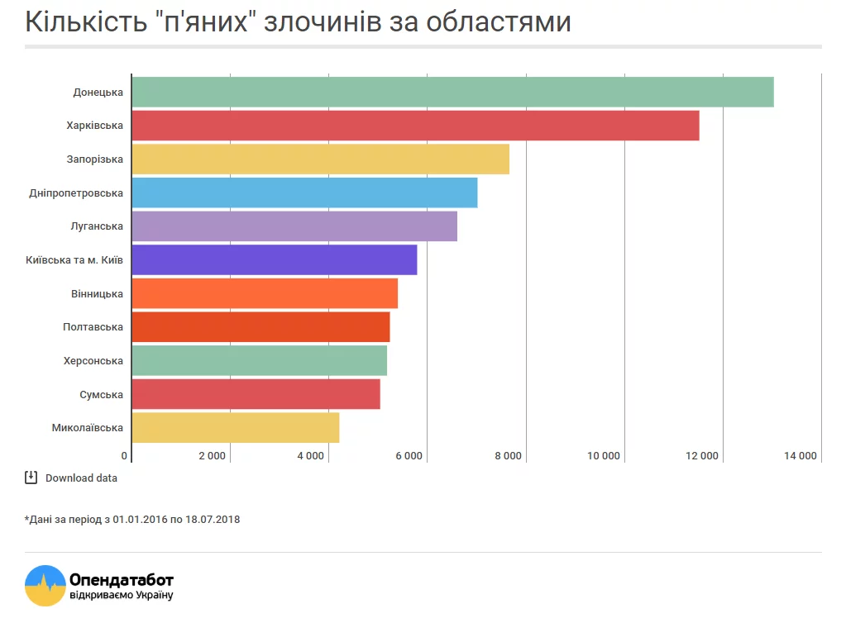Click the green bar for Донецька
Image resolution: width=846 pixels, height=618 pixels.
(x=452, y=92)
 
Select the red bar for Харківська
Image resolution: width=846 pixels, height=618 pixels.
(x=415, y=126)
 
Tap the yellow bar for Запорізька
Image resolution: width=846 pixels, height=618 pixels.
(x=320, y=159)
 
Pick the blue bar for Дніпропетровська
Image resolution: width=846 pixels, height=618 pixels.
(x=304, y=193)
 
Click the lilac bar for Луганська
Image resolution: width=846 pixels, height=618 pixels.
(x=294, y=226)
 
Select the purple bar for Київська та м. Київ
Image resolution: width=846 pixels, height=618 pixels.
(x=275, y=259)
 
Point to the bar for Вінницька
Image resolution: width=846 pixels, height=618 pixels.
(x=265, y=293)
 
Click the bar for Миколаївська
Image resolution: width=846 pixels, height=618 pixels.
(x=236, y=428)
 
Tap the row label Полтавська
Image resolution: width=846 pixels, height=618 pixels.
(x=93, y=327)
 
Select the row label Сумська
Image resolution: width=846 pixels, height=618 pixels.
(x=101, y=395)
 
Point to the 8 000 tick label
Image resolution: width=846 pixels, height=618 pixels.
(x=507, y=456)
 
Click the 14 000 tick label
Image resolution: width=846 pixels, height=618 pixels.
(x=800, y=456)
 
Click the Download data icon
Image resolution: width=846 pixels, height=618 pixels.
(x=31, y=477)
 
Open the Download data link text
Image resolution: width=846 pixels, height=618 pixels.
(x=81, y=478)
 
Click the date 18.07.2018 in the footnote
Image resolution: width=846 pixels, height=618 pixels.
(x=213, y=520)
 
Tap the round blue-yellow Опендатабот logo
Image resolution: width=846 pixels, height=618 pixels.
(x=45, y=585)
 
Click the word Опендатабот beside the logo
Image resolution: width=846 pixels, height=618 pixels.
(x=122, y=579)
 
